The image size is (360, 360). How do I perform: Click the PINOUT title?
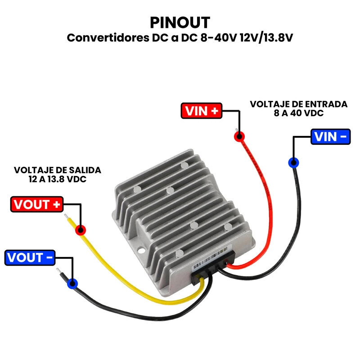[180, 22]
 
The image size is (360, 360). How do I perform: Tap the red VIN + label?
[202, 111]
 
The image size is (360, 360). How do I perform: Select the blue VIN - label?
[330, 136]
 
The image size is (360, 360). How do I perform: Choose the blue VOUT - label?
[30, 258]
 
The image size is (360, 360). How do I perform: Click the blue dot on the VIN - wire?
[293, 162]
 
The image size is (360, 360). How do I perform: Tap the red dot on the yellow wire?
[81, 229]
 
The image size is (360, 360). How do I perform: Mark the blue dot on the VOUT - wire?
[72, 283]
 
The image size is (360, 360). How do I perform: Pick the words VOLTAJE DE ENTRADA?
[298, 104]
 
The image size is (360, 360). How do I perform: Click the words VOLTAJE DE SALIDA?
[57, 171]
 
